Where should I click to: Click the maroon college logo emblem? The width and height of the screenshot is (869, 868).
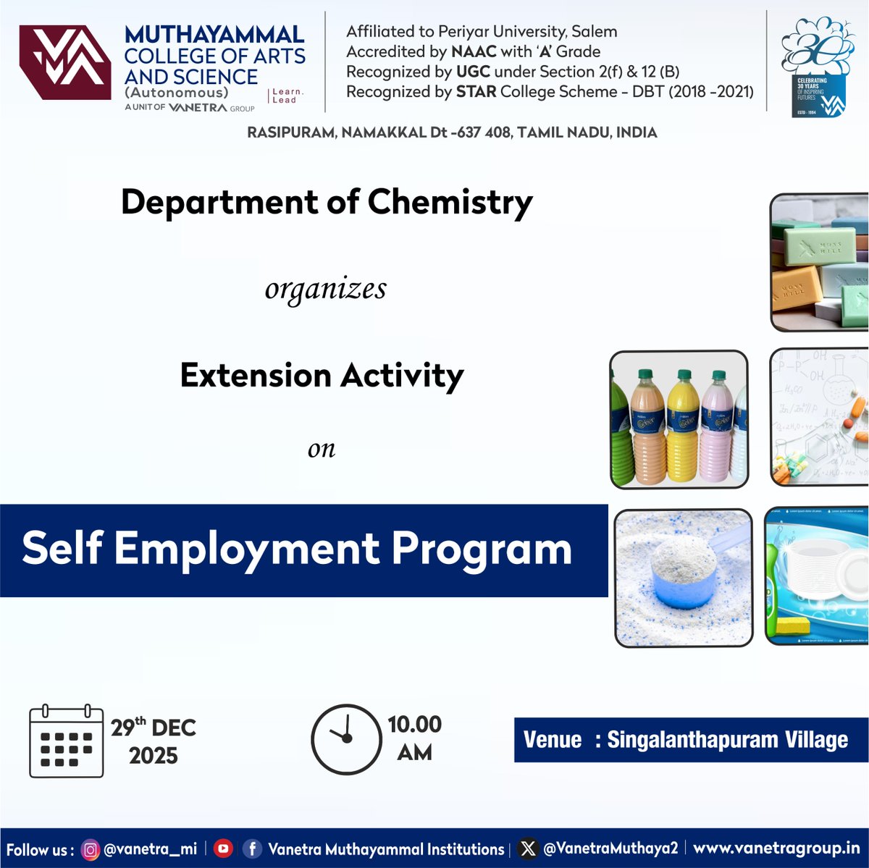(64, 62)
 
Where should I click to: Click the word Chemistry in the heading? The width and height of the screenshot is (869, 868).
(450, 203)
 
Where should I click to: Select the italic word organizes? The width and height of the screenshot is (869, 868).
(325, 289)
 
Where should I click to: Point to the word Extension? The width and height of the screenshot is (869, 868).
(255, 376)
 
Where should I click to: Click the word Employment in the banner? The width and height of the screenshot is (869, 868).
(246, 549)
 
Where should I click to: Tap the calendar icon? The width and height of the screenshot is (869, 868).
(66, 741)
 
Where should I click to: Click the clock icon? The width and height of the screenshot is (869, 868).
(346, 739)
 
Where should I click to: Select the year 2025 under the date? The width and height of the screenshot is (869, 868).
(153, 756)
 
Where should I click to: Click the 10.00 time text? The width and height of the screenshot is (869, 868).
(414, 725)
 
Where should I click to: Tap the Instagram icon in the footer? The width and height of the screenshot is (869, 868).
(91, 849)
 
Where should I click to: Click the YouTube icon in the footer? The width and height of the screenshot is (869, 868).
(223, 848)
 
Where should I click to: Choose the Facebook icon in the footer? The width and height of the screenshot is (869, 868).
(252, 848)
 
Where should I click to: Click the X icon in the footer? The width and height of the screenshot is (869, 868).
(529, 848)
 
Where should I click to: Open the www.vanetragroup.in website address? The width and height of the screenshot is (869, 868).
(776, 848)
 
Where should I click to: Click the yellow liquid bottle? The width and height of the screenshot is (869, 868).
(683, 427)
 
